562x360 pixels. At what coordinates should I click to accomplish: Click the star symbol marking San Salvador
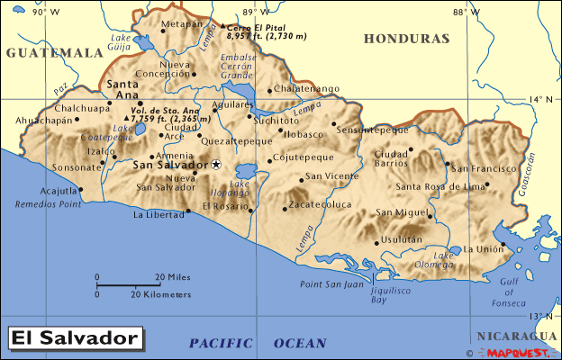click(216, 165)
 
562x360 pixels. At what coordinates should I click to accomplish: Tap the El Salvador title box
click(76, 338)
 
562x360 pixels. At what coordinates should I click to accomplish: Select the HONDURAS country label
click(406, 40)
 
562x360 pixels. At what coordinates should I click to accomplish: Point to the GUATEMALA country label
click(54, 53)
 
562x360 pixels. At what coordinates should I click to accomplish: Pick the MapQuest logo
click(518, 351)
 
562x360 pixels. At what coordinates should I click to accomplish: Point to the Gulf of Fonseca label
click(509, 291)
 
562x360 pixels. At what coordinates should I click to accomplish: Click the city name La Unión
click(485, 248)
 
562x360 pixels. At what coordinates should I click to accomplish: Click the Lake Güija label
click(121, 43)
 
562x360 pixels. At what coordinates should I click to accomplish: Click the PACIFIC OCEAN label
click(258, 343)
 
